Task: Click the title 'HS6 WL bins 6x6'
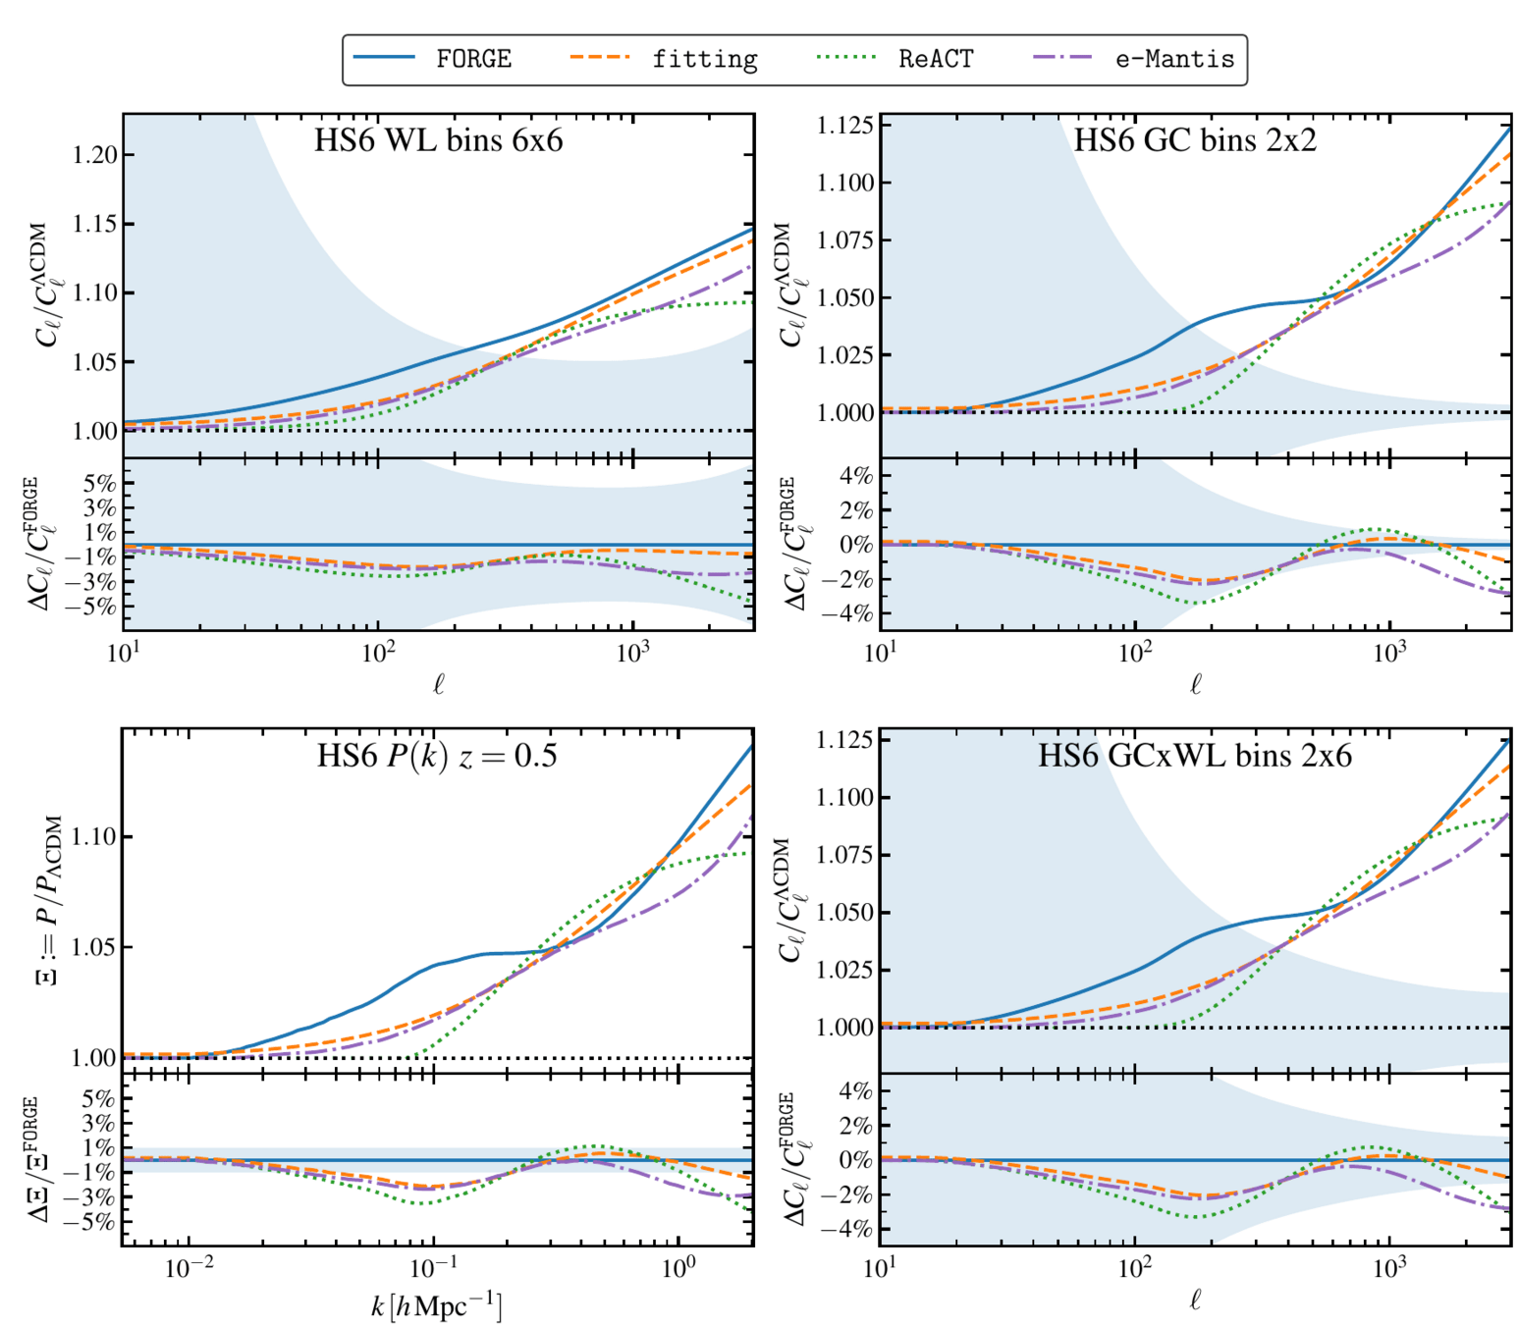[438, 140]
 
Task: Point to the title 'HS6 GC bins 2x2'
[1195, 140]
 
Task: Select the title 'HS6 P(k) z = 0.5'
[437, 756]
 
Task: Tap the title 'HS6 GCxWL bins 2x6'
[1195, 756]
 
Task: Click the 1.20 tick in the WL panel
[95, 155]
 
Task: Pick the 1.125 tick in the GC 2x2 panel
[845, 126]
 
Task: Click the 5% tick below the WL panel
[99, 483]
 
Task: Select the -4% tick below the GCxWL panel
[851, 1229]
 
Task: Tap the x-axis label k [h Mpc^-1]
[437, 1306]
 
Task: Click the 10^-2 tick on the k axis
[189, 1269]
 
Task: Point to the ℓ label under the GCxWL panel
[1195, 1300]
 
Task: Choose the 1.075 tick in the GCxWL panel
[845, 855]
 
